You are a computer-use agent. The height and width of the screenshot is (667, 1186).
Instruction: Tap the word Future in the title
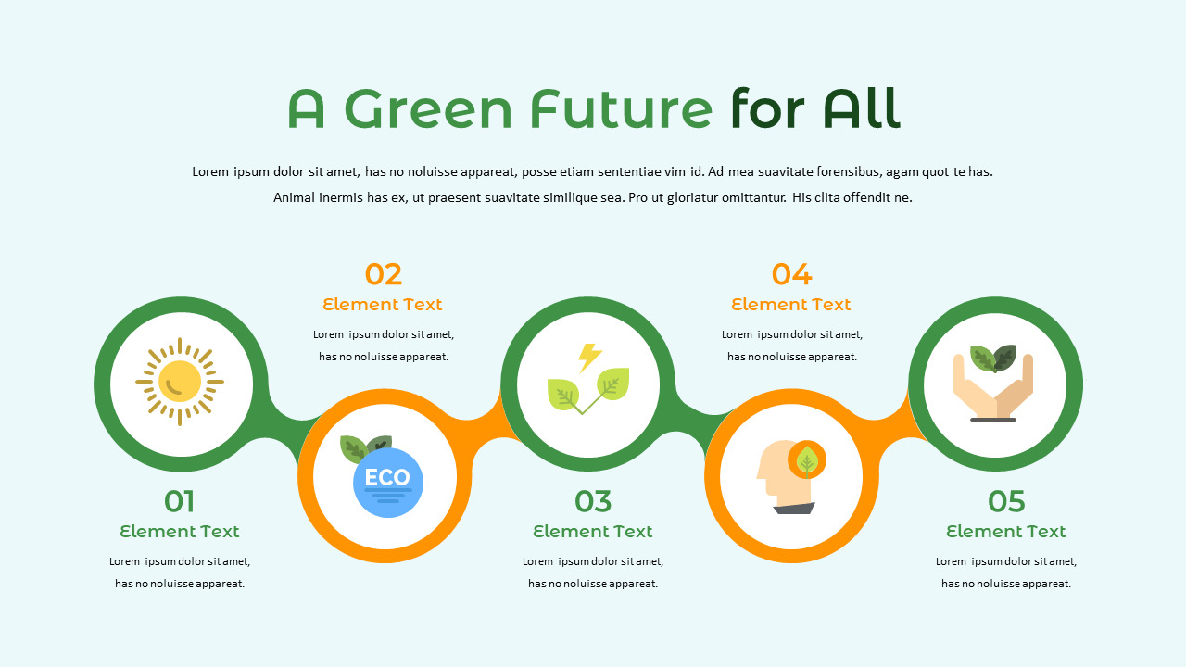point(621,109)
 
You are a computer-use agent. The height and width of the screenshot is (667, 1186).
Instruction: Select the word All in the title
point(861,109)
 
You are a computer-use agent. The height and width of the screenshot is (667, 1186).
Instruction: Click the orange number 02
point(383,274)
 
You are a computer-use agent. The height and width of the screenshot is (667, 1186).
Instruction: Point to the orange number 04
point(791,274)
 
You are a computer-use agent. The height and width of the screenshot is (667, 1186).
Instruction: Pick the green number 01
point(180,501)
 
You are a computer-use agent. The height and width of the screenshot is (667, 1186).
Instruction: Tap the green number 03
point(593,501)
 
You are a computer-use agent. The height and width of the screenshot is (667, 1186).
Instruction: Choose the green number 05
point(1006,501)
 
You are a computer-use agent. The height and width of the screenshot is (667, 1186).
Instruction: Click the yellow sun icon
point(180,382)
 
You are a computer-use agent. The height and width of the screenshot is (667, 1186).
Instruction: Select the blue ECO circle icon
point(388,482)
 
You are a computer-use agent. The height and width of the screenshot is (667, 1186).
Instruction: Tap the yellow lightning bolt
point(589,357)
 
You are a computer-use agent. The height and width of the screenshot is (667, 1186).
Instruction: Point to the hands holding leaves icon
point(993,384)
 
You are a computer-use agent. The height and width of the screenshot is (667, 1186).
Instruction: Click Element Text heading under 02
point(383,304)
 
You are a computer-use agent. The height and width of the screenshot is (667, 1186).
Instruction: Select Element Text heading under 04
point(791,304)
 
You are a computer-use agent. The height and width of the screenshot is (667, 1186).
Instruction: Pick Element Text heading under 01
point(180,531)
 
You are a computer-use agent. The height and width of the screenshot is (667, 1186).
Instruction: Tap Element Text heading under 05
point(1006,531)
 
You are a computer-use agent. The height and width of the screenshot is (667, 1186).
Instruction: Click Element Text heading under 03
point(593,531)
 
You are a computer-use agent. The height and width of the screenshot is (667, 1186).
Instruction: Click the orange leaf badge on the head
point(807,459)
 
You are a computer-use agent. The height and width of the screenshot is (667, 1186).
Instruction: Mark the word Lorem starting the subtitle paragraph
point(210,171)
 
